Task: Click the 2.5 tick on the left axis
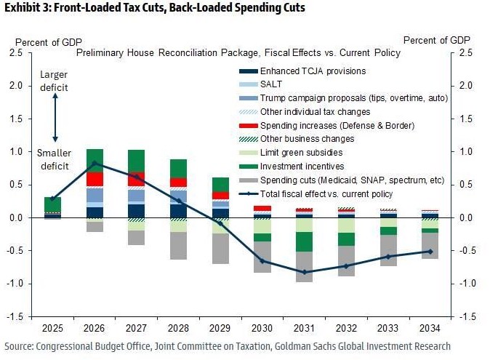[15, 53]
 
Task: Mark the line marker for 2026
[95, 163]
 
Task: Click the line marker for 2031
[305, 272]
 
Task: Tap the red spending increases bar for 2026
[95, 179]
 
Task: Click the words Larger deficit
[54, 81]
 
